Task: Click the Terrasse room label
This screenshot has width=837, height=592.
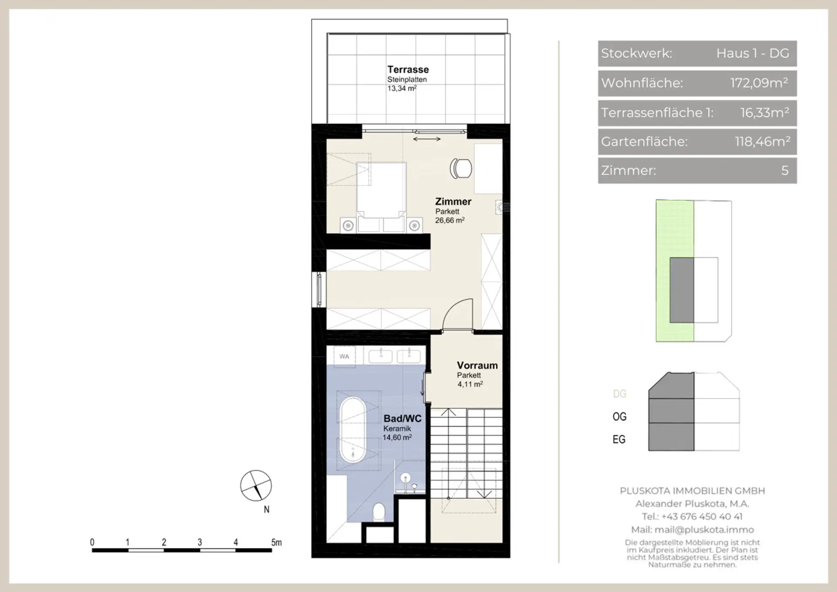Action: point(408,69)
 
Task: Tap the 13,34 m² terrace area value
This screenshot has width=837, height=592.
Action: point(402,89)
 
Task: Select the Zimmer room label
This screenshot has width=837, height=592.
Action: point(453,202)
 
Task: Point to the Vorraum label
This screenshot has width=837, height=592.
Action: point(477,366)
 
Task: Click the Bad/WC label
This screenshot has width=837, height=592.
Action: point(402,419)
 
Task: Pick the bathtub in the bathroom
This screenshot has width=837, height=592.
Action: point(353,430)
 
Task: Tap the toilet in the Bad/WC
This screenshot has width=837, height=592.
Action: point(379,512)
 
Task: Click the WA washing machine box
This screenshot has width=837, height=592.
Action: point(344,356)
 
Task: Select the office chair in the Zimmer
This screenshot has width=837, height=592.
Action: point(461,168)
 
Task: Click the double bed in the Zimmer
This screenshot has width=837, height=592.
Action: point(381,190)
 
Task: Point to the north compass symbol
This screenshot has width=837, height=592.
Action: point(256,486)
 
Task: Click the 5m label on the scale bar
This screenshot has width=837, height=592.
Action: point(276,543)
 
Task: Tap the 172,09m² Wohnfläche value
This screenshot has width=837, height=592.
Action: point(759,83)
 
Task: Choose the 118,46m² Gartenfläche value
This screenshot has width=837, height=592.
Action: point(762,141)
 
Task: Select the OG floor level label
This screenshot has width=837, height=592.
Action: point(619,417)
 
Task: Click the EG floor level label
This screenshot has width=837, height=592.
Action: point(619,439)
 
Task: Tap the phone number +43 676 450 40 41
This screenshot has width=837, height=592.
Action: point(702,517)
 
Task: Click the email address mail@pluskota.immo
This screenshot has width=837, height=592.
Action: point(704,530)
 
